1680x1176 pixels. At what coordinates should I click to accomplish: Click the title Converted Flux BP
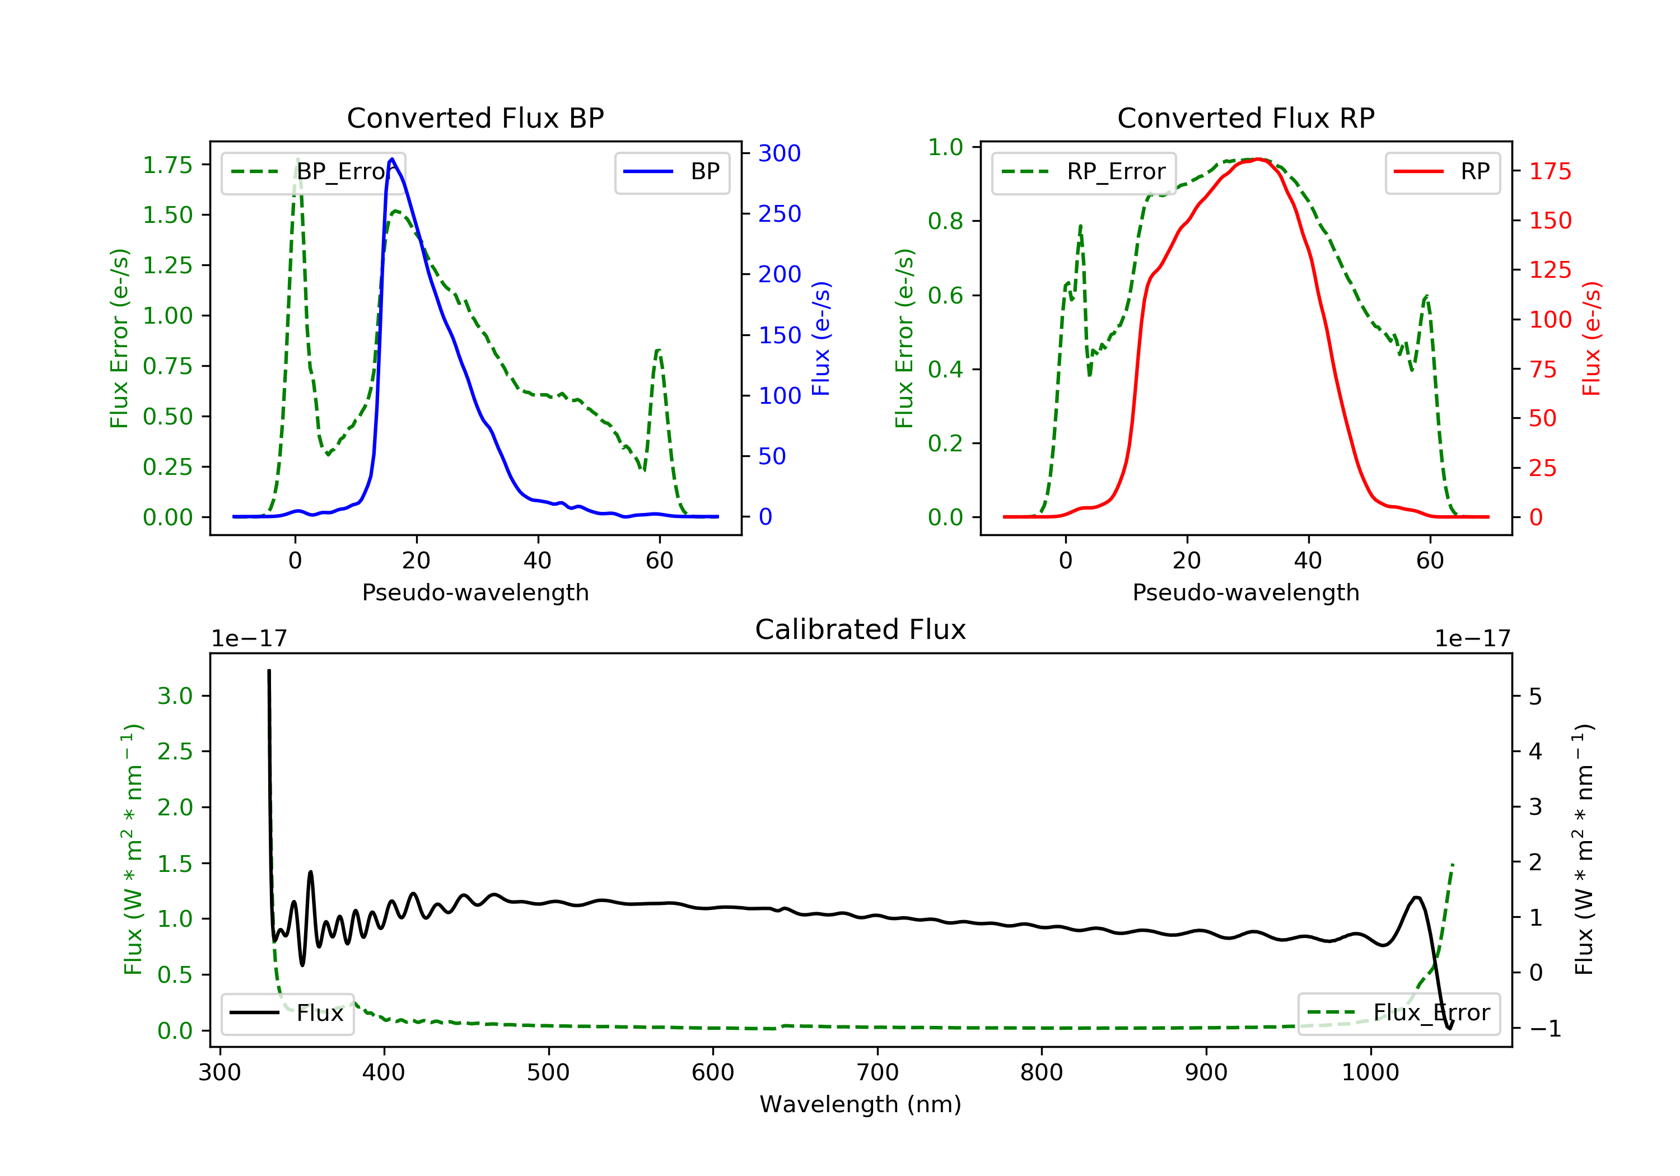coord(475,118)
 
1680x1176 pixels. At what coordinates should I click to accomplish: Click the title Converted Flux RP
coord(1245,118)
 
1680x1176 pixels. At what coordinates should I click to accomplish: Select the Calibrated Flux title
coord(861,629)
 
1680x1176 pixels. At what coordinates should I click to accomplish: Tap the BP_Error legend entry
coord(312,172)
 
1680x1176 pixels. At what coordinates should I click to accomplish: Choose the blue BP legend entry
coord(671,172)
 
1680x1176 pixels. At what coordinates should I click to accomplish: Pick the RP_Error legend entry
coord(1083,172)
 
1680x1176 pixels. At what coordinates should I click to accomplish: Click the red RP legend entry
coord(1442,172)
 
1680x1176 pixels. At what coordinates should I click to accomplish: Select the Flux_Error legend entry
coord(1398,1013)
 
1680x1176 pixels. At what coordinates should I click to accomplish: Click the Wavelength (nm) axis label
coord(861,1104)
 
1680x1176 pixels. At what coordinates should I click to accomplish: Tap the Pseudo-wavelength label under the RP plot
coord(1245,592)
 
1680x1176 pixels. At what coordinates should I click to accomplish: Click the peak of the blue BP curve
coord(392,159)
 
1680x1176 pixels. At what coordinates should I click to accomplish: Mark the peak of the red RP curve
coord(1257,160)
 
